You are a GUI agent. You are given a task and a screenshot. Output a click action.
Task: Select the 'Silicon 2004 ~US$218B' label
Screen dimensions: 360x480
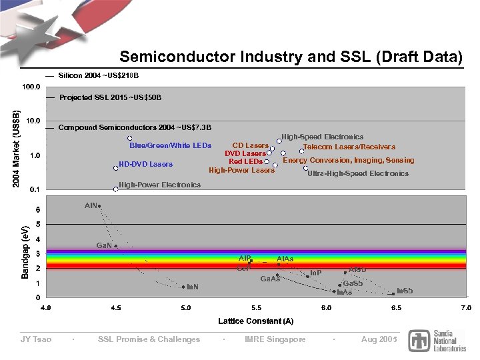[x=99, y=75]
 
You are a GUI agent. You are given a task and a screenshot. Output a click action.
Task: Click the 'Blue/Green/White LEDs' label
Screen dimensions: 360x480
[x=170, y=145]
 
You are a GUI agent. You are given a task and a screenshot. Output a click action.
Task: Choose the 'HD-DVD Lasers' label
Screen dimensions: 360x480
[x=145, y=164]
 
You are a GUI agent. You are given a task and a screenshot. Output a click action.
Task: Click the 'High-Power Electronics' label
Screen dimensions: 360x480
[x=159, y=185]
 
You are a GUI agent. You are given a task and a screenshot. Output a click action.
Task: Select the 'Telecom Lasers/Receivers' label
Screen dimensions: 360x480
[x=349, y=147]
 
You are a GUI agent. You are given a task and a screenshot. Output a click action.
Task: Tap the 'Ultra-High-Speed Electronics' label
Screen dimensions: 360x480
[x=358, y=173]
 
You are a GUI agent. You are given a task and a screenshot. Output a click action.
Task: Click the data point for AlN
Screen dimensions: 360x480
[x=99, y=207]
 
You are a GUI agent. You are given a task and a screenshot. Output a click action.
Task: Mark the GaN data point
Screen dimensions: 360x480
[x=115, y=246]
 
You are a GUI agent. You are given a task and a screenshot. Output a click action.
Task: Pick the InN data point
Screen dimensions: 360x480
[x=183, y=287]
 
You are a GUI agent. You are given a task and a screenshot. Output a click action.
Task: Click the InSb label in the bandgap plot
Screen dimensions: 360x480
[x=404, y=291]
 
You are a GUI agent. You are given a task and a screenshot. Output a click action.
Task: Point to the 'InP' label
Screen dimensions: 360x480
[x=316, y=273]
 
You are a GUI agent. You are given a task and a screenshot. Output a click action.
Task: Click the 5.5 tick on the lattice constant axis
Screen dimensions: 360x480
[x=256, y=308]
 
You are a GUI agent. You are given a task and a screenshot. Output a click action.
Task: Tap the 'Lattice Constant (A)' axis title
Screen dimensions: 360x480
[x=256, y=321]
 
